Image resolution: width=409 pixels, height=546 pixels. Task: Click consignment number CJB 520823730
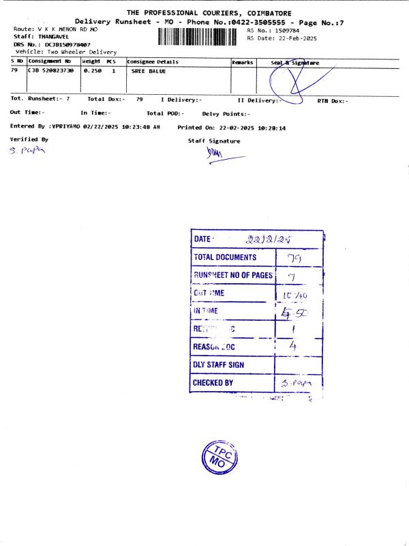pos(50,70)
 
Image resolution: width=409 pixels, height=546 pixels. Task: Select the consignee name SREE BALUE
pos(149,70)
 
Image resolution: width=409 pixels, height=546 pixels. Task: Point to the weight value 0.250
pos(92,70)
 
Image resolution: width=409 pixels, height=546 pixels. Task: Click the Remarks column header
pos(243,62)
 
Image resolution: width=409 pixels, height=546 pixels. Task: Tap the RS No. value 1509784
pos(286,31)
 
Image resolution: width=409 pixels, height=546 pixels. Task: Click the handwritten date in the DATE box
pos(269,240)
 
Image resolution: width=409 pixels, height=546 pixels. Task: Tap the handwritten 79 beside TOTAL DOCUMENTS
pos(294,258)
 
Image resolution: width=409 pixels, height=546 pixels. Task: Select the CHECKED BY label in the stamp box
pos(213,383)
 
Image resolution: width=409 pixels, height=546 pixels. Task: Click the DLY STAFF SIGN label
pos(218,365)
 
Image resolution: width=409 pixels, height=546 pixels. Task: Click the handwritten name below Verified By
pos(23,152)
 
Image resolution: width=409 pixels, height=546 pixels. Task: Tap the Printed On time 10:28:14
pos(290,128)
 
